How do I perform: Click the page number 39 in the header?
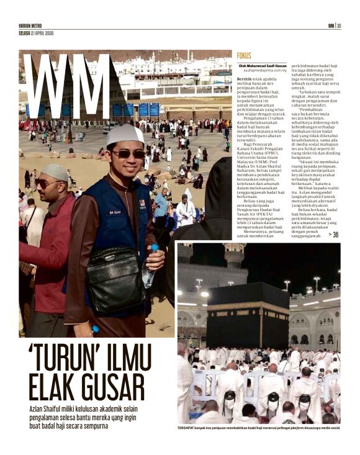[x=339, y=25]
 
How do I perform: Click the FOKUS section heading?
[x=244, y=56]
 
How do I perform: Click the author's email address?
[x=264, y=71]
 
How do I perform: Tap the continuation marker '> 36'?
[x=333, y=235]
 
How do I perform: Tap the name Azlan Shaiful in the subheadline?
[x=49, y=409]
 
